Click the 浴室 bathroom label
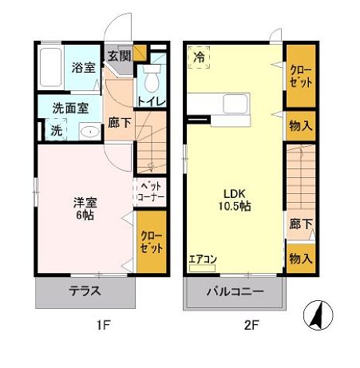pos(83,68)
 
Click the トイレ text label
pos(152,101)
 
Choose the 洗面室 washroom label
pos(71,108)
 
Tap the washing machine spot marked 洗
pos(56,129)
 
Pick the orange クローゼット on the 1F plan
pos(151,241)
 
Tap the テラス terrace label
pos(85,291)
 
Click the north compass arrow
pos(317,315)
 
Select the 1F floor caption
pos(105,326)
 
